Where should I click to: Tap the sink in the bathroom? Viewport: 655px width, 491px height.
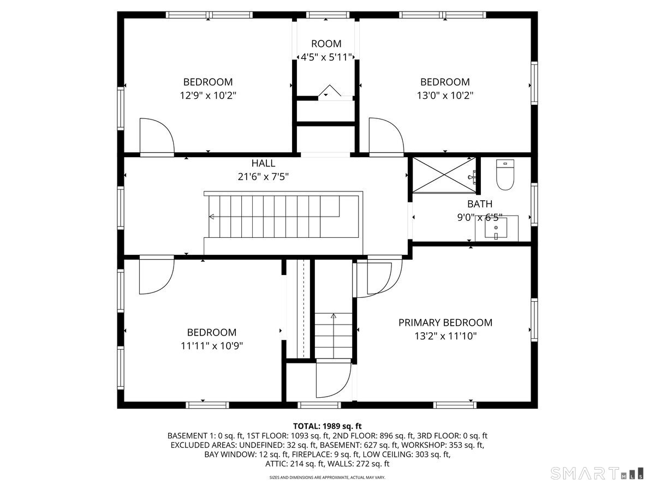click(x=496, y=229)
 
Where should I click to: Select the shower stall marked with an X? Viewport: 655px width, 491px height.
click(x=443, y=175)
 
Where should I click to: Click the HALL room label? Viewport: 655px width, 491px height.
click(x=263, y=163)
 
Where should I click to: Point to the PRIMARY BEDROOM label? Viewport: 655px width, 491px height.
click(x=445, y=322)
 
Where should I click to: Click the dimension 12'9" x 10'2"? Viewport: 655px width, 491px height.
click(x=207, y=95)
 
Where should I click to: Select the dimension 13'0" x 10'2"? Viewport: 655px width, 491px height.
click(x=444, y=95)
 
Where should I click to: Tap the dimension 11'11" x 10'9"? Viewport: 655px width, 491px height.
click(x=212, y=346)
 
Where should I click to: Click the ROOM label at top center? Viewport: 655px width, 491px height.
click(x=326, y=44)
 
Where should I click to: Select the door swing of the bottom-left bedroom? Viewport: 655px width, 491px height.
click(x=156, y=276)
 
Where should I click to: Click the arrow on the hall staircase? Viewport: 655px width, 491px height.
click(x=212, y=217)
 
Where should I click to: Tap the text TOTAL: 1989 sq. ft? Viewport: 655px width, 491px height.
click(x=327, y=426)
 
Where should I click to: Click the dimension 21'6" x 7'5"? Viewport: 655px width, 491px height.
click(x=263, y=177)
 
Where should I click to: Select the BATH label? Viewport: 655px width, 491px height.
click(x=479, y=204)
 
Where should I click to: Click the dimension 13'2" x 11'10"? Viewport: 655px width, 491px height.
click(x=445, y=336)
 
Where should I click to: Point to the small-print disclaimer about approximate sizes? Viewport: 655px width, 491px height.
click(x=327, y=477)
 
